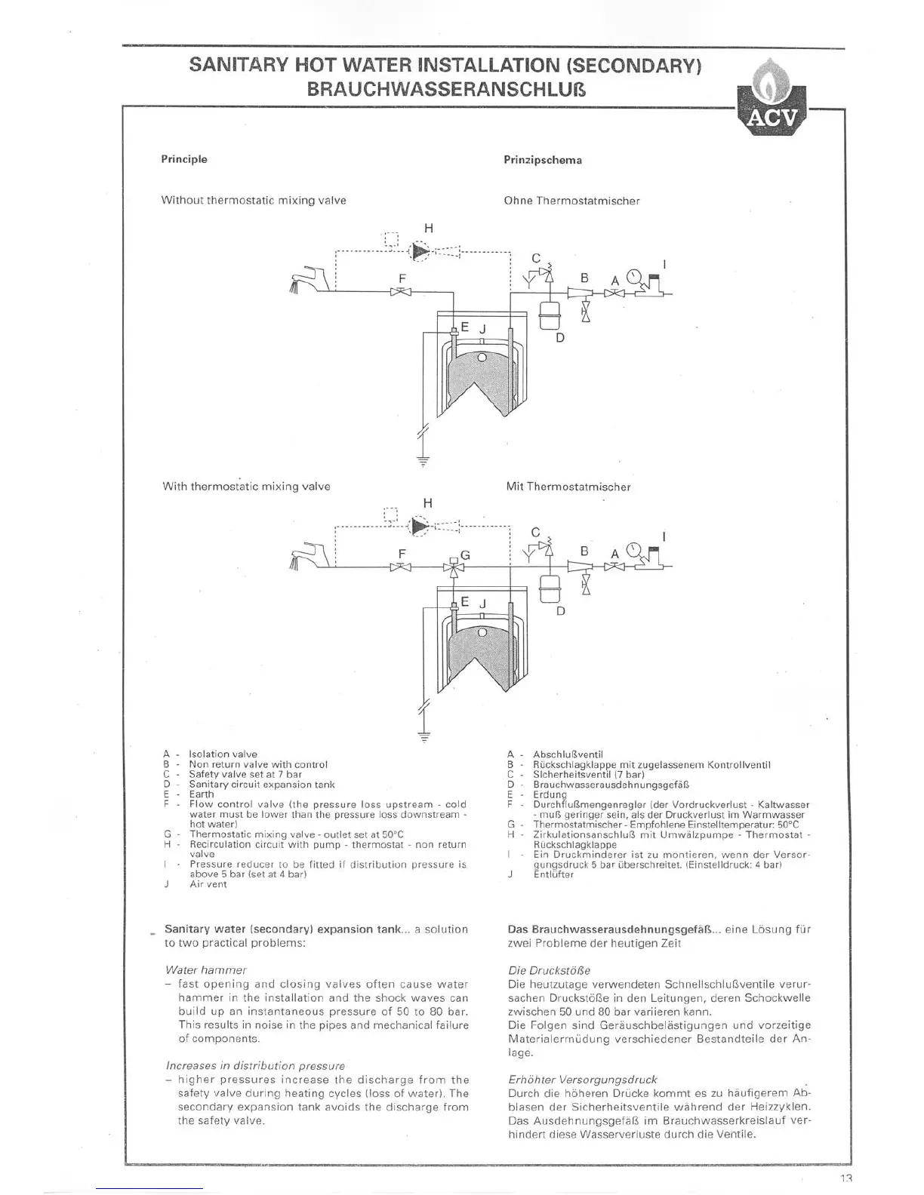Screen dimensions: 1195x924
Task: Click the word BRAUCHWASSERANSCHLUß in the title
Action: click(445, 90)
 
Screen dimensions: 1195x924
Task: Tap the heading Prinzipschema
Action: click(542, 160)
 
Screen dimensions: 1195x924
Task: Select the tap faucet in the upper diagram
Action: click(310, 278)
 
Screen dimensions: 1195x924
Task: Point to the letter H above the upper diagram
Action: click(429, 228)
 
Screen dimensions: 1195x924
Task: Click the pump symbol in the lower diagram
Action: click(418, 526)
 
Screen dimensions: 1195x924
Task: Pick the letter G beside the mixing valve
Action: click(465, 554)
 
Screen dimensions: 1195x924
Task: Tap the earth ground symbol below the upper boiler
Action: click(423, 458)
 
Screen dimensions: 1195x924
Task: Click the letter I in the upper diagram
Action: click(664, 264)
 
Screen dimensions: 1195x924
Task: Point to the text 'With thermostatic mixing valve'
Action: click(246, 487)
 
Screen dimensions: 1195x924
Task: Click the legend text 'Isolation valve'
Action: click(223, 754)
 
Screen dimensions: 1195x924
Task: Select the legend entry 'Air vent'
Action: click(208, 884)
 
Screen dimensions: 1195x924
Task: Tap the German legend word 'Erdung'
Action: click(550, 794)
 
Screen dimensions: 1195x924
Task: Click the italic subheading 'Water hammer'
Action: click(205, 970)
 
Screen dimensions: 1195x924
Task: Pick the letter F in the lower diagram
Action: click(402, 554)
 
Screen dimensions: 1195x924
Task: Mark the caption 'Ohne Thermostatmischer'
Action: click(571, 201)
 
